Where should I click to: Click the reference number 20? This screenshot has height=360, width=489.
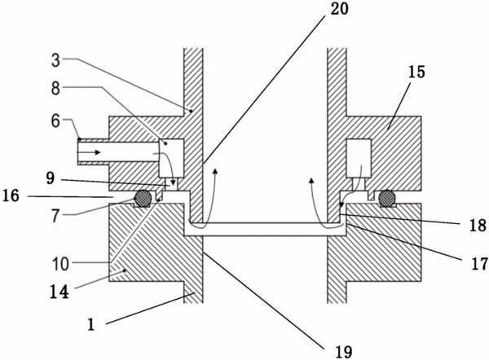point(339,9)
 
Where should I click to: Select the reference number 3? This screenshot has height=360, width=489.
point(55,60)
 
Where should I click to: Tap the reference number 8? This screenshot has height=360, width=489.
point(55,89)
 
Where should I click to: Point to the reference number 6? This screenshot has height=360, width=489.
point(55,121)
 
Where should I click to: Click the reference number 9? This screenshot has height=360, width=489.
point(51,179)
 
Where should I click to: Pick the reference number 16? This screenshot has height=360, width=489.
point(11,196)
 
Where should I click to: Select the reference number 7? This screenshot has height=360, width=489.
point(55,215)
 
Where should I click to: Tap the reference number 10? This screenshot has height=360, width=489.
point(60,265)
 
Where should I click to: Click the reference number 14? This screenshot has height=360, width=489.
point(59,292)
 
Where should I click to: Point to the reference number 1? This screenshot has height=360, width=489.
point(90,324)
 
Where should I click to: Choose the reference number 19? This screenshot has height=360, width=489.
point(344,352)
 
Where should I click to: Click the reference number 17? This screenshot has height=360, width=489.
point(480,264)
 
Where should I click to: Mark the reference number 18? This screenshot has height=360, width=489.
point(478,225)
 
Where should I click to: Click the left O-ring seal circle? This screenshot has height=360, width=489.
point(143,198)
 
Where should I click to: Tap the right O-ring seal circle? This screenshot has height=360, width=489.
point(388,198)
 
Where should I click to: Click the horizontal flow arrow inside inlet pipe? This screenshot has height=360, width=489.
point(89,152)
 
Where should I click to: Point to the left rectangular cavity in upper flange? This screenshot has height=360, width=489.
point(171,158)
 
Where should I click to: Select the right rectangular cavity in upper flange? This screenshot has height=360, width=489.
point(359,158)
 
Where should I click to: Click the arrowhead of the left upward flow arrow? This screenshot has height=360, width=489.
point(215,171)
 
